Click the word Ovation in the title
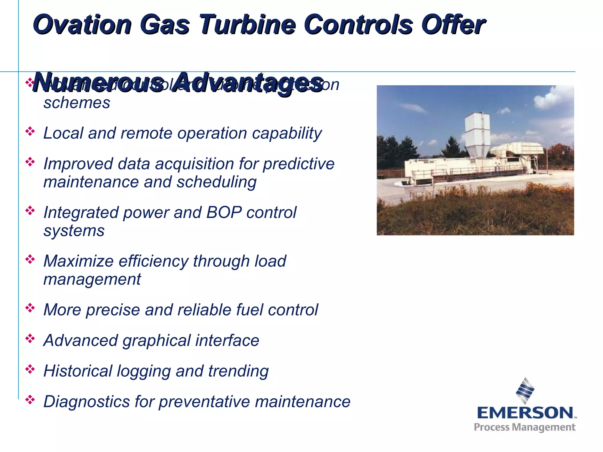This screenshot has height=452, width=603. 82,25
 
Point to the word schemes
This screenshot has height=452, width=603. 77,103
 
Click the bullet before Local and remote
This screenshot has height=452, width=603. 30,131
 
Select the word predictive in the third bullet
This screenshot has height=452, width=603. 299,164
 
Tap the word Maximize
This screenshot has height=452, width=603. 78,261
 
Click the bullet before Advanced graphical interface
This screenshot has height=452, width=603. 30,339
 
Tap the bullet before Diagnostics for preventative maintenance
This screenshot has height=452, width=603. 30,400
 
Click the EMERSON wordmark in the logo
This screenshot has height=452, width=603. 525,413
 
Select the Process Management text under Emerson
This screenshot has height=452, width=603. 524,427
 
